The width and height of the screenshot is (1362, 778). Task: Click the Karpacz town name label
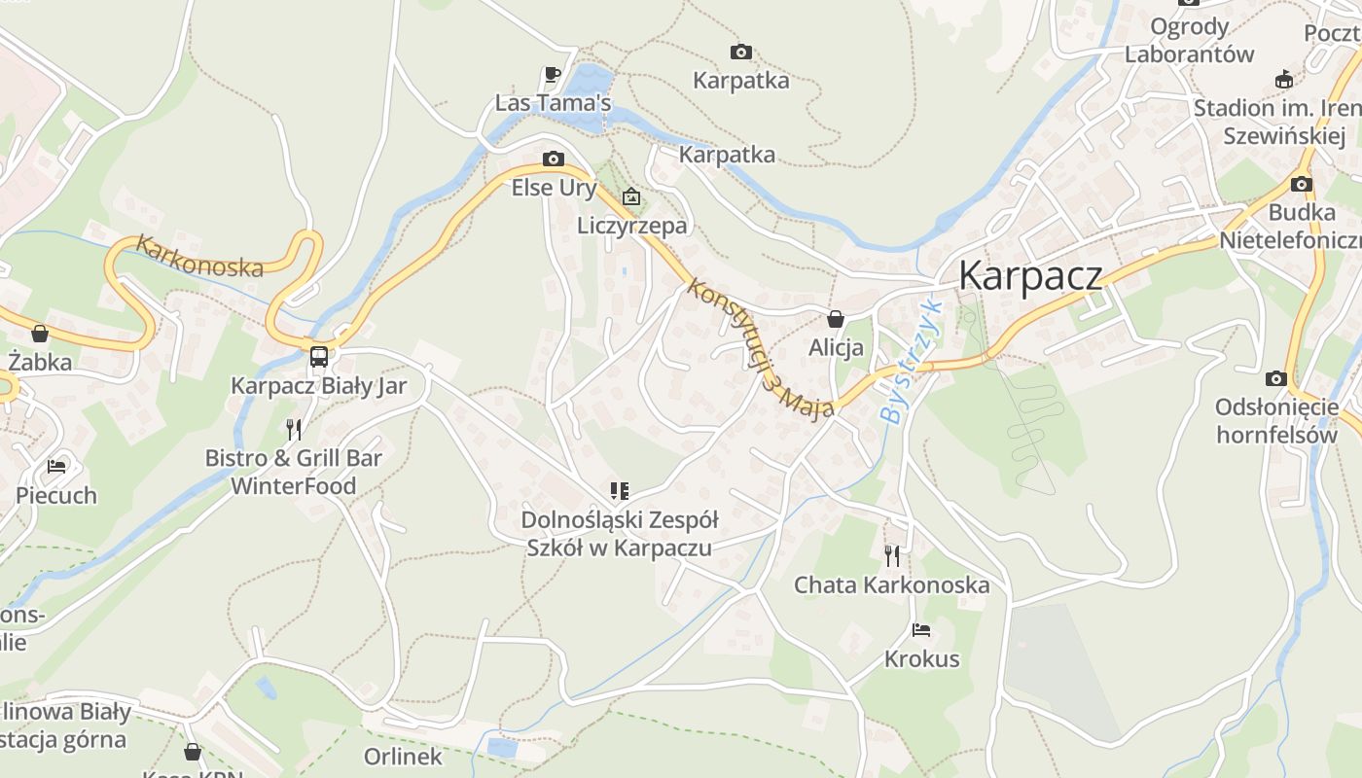(x=1030, y=275)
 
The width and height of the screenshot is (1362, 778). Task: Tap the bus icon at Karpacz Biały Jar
(x=319, y=356)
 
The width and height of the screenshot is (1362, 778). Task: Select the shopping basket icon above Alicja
(x=835, y=318)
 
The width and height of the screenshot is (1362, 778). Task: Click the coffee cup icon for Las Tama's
(x=553, y=74)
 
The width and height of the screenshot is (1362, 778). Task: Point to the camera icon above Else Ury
(x=553, y=159)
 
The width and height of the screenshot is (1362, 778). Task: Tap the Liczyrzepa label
(x=631, y=226)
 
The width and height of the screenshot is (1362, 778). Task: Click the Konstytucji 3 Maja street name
(x=759, y=347)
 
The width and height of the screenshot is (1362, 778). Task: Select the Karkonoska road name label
(x=199, y=256)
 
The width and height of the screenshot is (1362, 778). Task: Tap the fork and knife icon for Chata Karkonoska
(x=891, y=555)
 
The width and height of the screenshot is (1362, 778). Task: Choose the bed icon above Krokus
(x=921, y=630)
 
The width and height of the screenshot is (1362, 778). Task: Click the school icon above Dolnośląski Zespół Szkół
(x=619, y=490)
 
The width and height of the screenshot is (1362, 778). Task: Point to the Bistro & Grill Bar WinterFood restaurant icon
(x=294, y=429)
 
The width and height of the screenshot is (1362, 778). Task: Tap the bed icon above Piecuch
(x=56, y=467)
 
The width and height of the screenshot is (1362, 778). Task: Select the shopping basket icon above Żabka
(x=40, y=334)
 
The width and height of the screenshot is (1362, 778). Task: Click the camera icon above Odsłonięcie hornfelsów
(x=1276, y=378)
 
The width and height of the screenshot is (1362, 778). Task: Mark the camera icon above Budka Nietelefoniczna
(x=1302, y=184)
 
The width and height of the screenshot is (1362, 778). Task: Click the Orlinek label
(x=403, y=756)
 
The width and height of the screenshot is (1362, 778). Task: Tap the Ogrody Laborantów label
(x=1189, y=40)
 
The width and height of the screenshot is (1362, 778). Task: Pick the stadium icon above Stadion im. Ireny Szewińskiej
(x=1284, y=80)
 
